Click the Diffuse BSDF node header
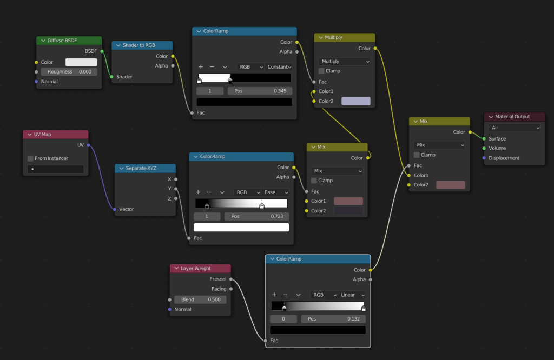69,41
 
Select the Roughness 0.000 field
69,72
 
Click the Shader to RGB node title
142,45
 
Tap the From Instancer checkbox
31,158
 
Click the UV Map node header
55,134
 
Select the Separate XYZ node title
145,168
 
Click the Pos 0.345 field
260,91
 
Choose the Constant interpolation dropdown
279,67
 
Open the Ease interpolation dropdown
276,192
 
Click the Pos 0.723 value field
256,216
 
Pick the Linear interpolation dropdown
352,295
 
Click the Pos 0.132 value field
333,319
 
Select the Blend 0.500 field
200,299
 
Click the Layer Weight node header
200,268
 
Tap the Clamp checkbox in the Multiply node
322,71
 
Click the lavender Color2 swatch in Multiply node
355,101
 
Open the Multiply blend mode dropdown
345,62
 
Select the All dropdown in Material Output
515,128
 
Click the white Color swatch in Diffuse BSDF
81,62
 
